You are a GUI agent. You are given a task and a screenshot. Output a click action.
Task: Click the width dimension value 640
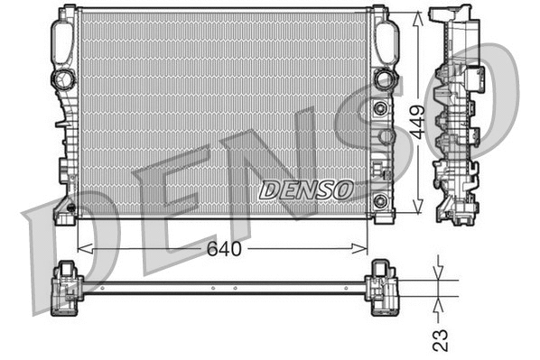223,249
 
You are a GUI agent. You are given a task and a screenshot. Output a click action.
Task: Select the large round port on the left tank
63,79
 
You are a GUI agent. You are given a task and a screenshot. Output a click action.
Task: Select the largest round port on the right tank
386,79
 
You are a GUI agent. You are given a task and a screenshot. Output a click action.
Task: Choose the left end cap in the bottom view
68,288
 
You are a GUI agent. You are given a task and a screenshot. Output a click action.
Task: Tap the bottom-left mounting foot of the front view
64,212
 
